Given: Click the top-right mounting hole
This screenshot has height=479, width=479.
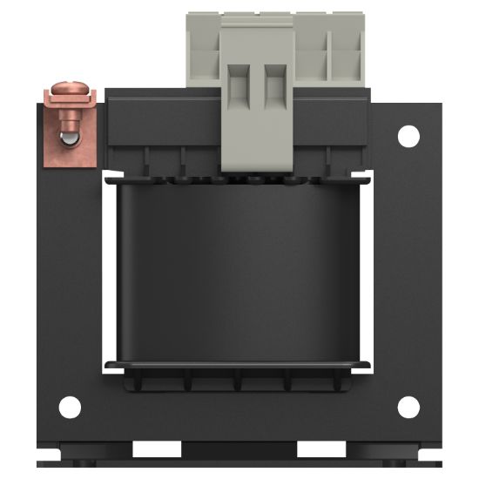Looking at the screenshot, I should click(408, 135).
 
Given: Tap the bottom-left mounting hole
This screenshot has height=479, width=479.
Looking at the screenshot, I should click(70, 407).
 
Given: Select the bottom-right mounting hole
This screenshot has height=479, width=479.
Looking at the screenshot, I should click(408, 407).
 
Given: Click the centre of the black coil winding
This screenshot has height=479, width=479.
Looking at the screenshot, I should click(239, 270).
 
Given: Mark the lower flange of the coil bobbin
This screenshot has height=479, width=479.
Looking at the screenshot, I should click(239, 364).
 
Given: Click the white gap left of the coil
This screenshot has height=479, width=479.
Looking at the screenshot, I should click(109, 270).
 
